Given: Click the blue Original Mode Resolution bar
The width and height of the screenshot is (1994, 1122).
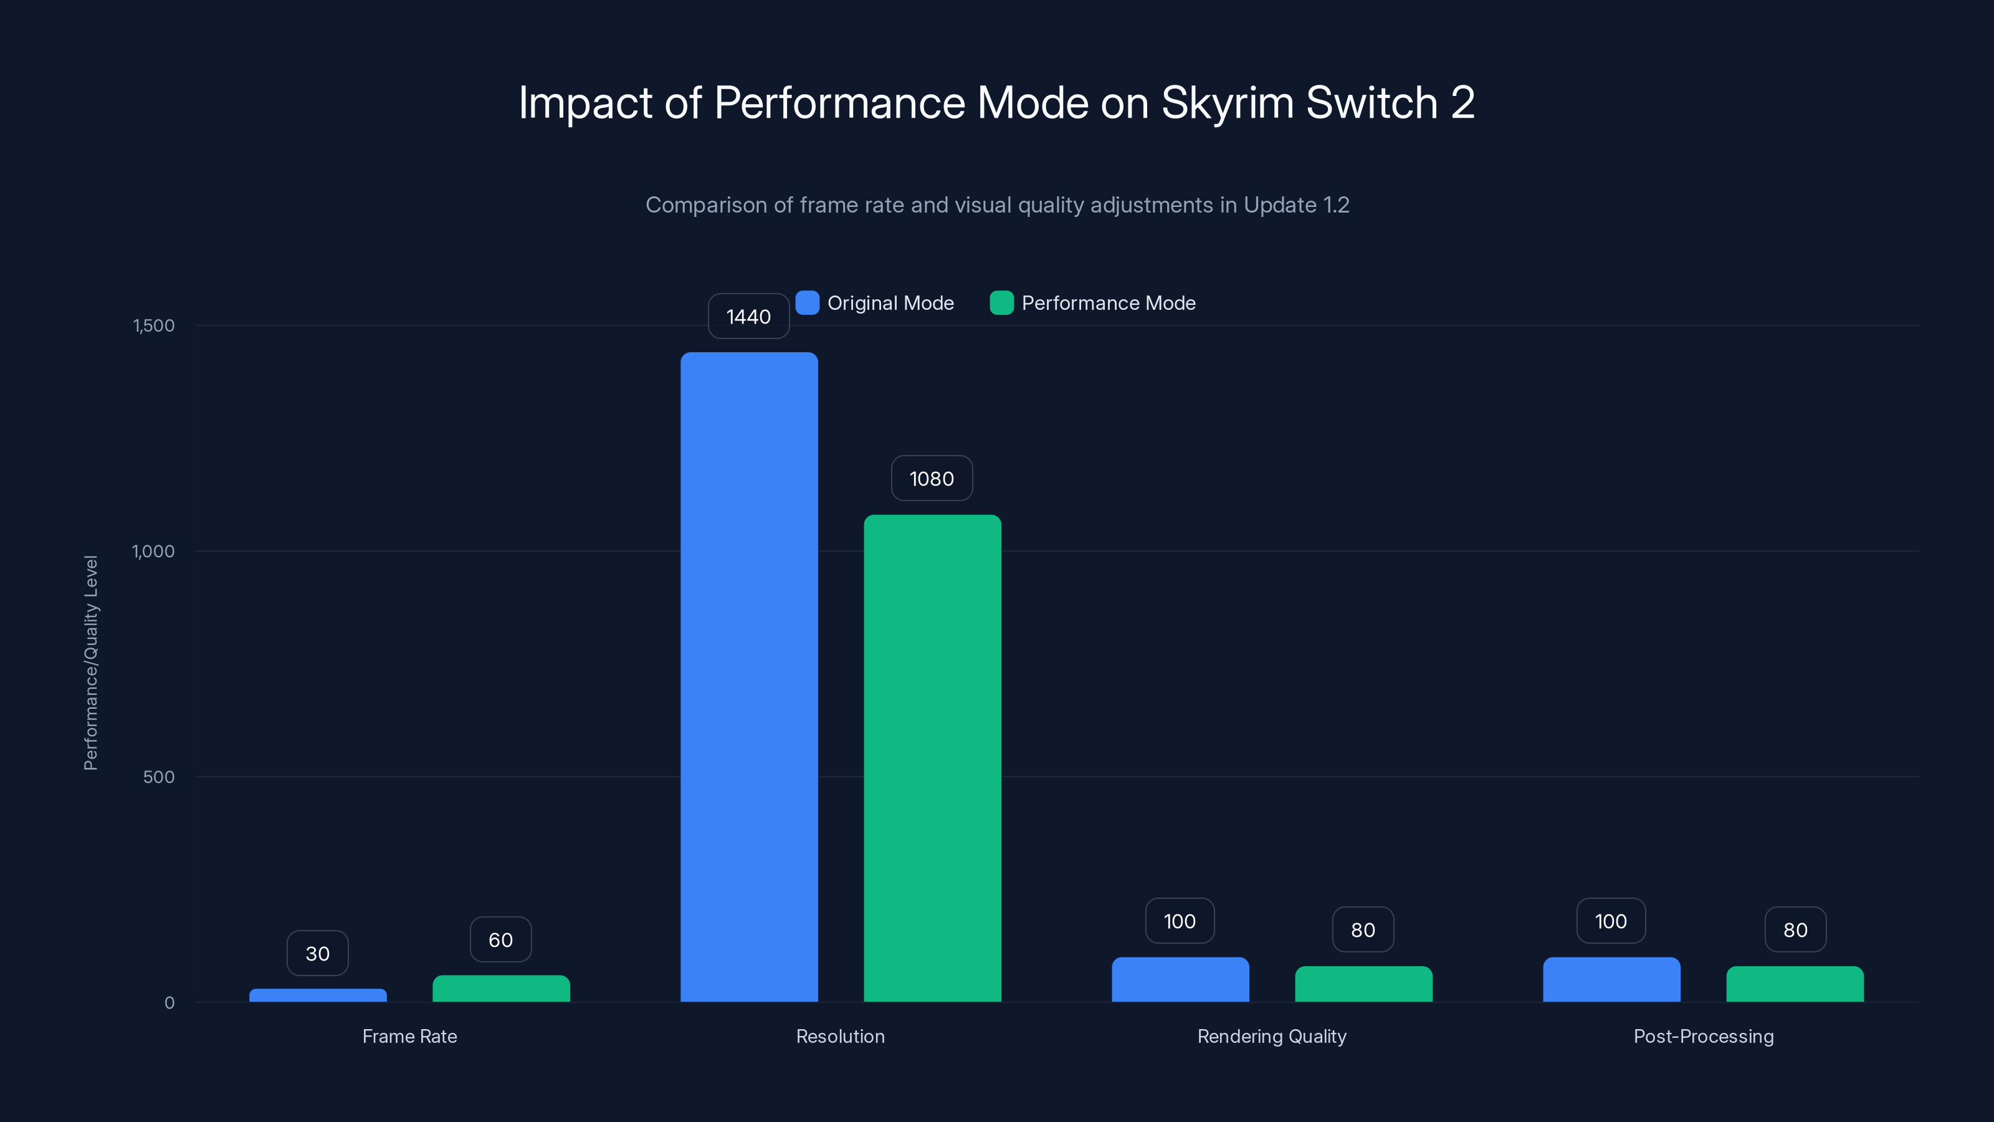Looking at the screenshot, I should click(x=748, y=677).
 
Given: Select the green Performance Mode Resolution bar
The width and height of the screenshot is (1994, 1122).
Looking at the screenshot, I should click(x=932, y=758).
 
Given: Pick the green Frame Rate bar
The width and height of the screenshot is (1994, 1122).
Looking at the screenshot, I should click(x=501, y=989).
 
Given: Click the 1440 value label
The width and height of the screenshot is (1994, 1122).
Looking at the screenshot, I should click(x=748, y=317).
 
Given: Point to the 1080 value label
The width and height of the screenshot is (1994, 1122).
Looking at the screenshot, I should click(x=931, y=479).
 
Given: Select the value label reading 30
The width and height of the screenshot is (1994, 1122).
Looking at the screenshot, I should click(x=317, y=953).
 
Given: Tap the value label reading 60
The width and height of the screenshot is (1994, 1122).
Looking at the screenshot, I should click(x=501, y=939).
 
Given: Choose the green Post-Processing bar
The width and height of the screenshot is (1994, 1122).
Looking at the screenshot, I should click(x=1795, y=984).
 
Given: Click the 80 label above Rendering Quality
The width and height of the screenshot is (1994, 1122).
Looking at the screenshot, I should click(x=1362, y=930).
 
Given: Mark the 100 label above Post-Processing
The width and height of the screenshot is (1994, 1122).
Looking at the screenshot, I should click(x=1611, y=921).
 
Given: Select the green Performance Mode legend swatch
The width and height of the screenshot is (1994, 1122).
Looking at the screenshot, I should click(x=1001, y=303).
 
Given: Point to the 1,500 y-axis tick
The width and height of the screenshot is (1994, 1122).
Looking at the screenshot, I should click(x=154, y=325).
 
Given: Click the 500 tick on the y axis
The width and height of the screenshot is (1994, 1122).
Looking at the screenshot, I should click(x=159, y=777).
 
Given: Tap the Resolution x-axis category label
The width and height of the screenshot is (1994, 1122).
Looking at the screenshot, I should click(x=840, y=1036).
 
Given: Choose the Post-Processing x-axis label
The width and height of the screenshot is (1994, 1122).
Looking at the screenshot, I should click(x=1703, y=1036).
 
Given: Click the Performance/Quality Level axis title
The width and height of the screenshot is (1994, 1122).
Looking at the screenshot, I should click(x=90, y=663).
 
